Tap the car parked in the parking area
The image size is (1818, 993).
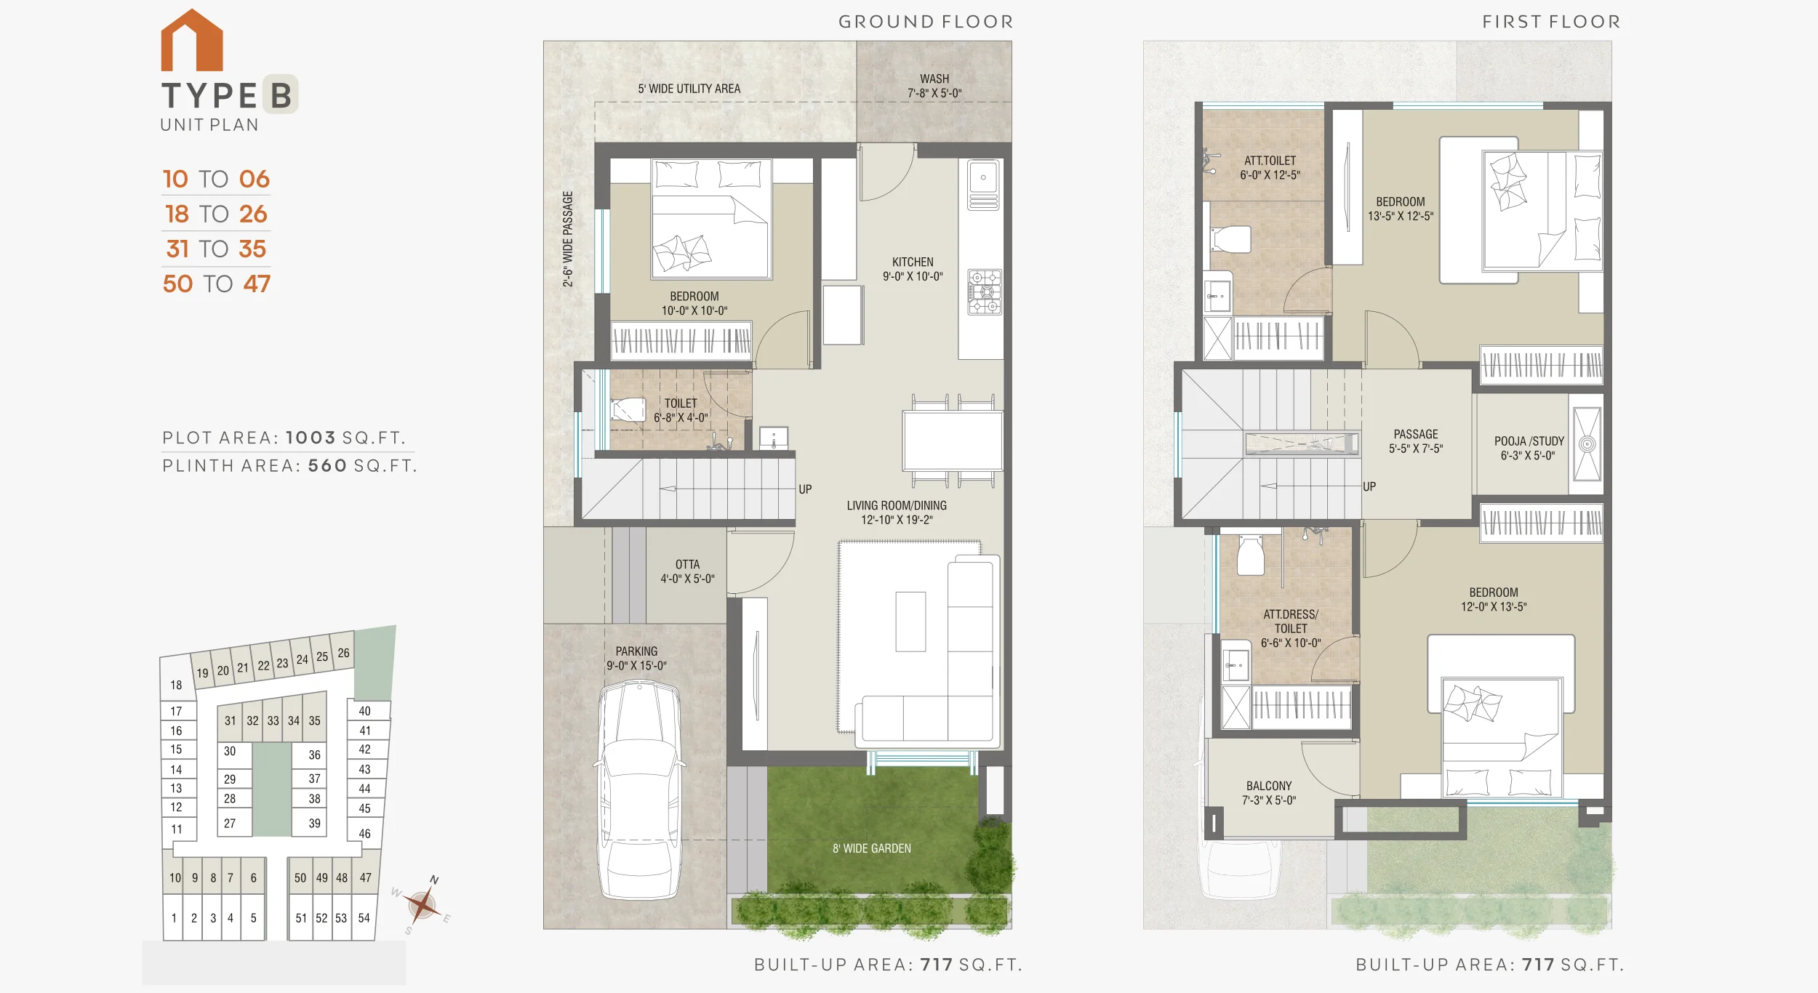click(640, 790)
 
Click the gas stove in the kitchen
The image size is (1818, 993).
click(985, 292)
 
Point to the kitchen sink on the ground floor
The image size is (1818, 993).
click(983, 185)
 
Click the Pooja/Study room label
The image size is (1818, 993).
click(1529, 448)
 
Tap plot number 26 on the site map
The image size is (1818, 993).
click(344, 653)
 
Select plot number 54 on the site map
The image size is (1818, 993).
click(364, 918)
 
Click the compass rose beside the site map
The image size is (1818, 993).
click(422, 905)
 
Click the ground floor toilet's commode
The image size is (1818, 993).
click(628, 409)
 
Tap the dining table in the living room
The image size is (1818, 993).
click(953, 441)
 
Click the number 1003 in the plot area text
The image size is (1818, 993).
click(311, 438)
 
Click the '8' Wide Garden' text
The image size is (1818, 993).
click(872, 848)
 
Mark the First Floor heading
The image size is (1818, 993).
click(1552, 22)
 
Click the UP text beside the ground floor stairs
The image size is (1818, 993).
click(805, 489)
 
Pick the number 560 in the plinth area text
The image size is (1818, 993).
click(327, 465)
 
